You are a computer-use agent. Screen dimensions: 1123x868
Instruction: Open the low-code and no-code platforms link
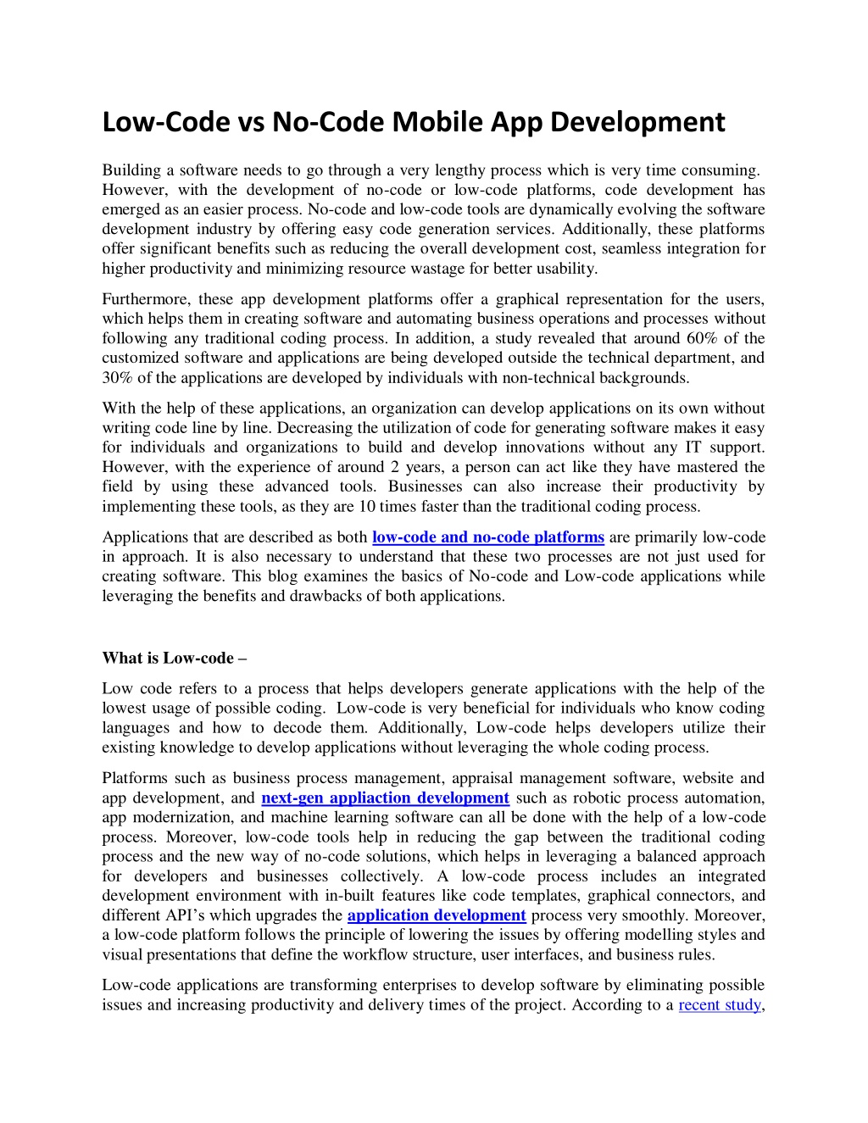pyautogui.click(x=488, y=537)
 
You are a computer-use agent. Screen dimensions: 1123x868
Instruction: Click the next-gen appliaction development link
pyautogui.click(x=386, y=798)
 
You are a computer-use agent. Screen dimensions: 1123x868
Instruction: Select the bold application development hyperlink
pyautogui.click(x=437, y=915)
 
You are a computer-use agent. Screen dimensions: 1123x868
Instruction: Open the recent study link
pyautogui.click(x=719, y=1005)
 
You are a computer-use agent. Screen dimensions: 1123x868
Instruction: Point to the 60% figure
pyautogui.click(x=694, y=339)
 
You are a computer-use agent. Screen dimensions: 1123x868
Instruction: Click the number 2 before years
pyautogui.click(x=395, y=467)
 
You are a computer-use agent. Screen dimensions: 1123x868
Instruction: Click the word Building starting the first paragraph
pyautogui.click(x=131, y=170)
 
